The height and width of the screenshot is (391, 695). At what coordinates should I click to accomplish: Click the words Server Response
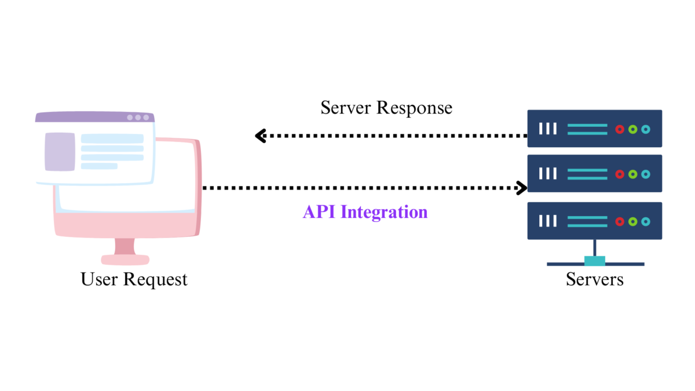point(386,108)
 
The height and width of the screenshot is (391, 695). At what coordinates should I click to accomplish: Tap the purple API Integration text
point(365,212)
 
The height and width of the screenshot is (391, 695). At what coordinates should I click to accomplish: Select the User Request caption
point(134,279)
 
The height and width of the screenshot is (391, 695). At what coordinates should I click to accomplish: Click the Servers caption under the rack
point(595,279)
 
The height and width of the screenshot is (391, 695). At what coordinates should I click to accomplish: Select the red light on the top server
point(620,129)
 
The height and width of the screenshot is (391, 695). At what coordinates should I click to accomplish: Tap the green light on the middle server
point(632,174)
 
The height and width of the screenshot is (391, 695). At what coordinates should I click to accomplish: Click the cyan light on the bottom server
point(645,221)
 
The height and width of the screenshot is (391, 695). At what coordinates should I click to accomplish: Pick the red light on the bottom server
point(620,221)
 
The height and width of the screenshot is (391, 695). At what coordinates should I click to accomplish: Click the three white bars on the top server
point(547,129)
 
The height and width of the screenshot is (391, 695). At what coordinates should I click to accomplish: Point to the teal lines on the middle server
point(587,174)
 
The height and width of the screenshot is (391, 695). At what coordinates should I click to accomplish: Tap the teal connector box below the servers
point(595,261)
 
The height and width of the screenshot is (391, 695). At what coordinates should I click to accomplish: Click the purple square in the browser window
point(60,152)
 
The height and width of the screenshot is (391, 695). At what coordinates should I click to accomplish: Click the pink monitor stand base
point(125,260)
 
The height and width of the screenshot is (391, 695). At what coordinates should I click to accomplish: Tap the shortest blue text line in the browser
point(99,166)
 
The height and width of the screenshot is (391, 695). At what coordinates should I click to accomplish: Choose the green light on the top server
point(632,129)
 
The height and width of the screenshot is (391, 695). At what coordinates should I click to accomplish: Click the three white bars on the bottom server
point(547,221)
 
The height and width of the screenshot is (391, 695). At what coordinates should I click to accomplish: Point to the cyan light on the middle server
point(645,174)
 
